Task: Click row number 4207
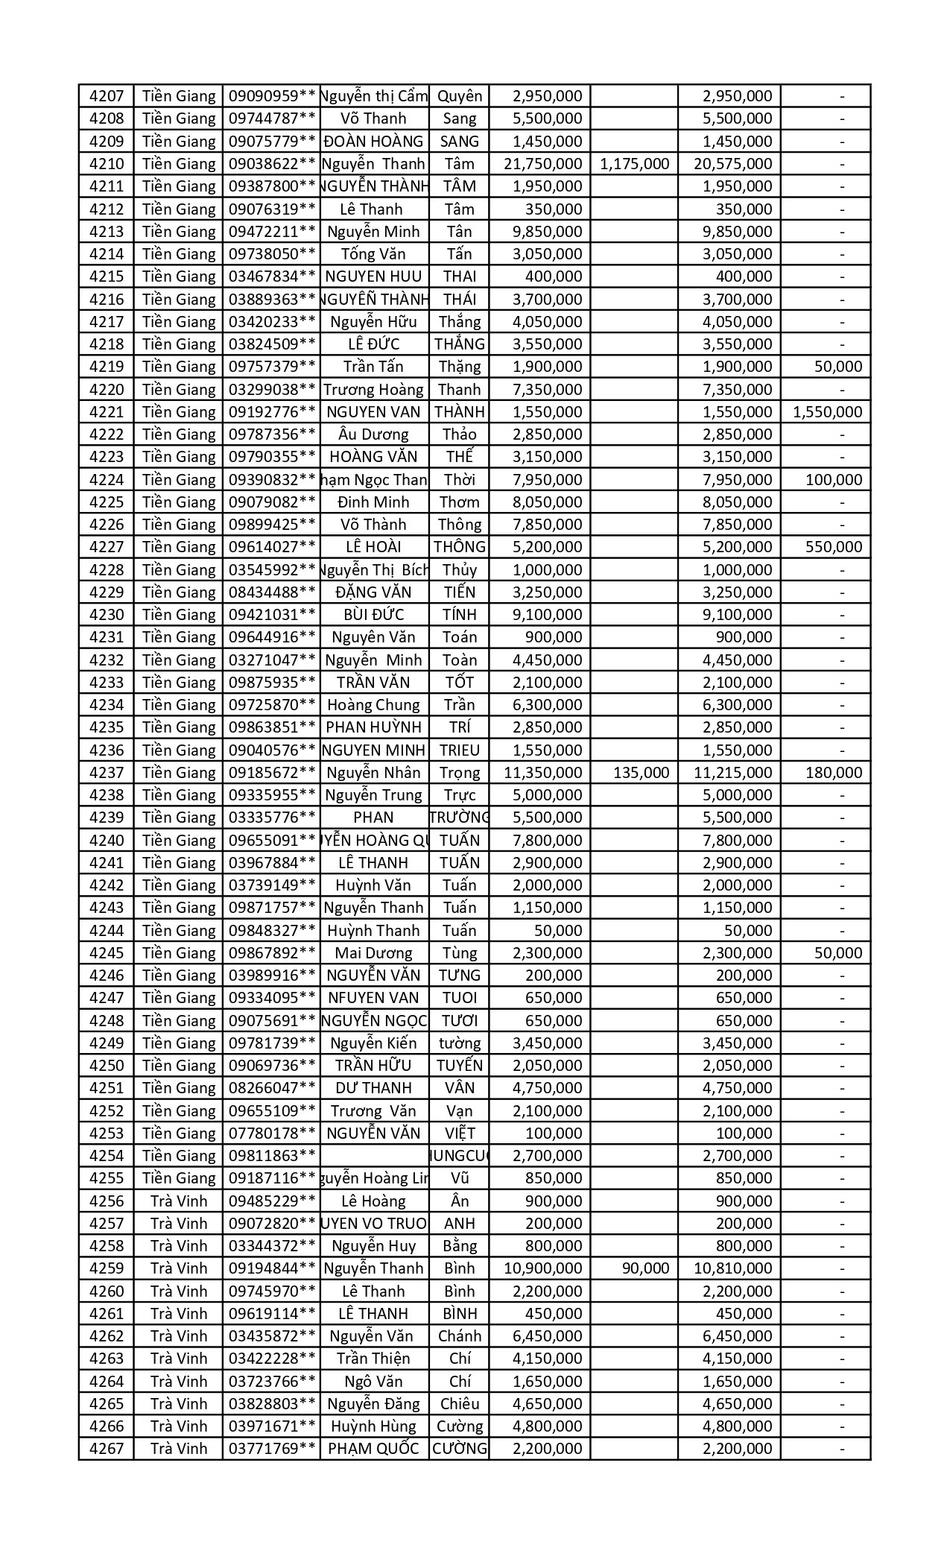[106, 96]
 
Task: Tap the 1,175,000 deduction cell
[634, 164]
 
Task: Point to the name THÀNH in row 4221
[459, 412]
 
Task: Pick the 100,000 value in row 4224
[834, 480]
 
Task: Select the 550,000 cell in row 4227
[834, 547]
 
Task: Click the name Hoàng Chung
[373, 705]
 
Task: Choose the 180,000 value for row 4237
[834, 773]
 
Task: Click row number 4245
[106, 953]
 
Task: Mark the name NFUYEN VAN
[373, 998]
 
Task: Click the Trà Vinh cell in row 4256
[178, 1201]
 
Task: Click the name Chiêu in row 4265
[459, 1404]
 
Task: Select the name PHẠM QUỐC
[373, 1449]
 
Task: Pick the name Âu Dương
[373, 434]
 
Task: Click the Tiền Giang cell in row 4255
[178, 1178]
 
